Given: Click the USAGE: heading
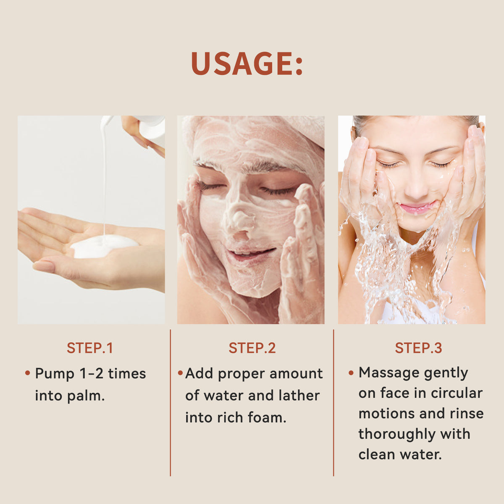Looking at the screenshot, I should coord(247,64).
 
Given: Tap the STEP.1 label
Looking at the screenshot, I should coord(90,348).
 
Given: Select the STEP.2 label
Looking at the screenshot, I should coord(252,348).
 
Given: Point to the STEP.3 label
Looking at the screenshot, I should coord(418,348).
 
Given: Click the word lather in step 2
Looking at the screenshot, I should coord(299,396).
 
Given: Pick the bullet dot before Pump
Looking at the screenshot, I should coord(28,373).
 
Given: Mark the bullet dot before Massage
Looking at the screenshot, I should coord(351,373).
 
